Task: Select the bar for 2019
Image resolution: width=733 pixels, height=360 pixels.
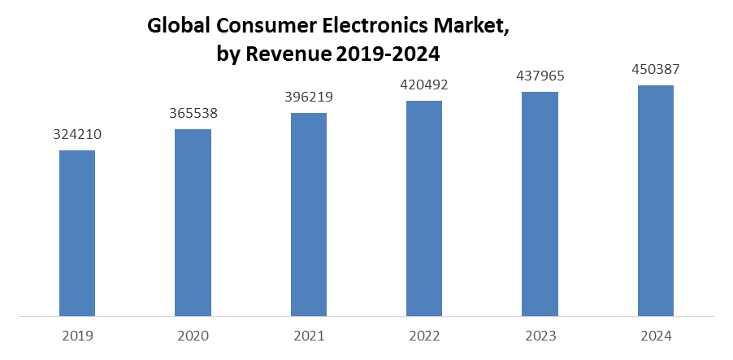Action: [x=77, y=233]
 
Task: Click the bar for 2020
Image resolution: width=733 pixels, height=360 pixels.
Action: [x=193, y=223]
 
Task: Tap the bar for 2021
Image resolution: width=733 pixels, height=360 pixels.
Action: [x=309, y=214]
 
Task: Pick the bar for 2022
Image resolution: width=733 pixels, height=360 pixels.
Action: [x=424, y=208]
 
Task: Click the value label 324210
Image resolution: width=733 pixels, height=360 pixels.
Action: [x=77, y=134]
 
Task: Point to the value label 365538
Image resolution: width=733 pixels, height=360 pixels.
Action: [x=193, y=114]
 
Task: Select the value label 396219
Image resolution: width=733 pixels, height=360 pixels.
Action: [x=309, y=98]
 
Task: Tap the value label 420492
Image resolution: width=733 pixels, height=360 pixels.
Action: [x=424, y=85]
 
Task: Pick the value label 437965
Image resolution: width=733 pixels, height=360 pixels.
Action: [x=540, y=76]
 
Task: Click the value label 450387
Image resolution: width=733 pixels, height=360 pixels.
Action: [x=655, y=69]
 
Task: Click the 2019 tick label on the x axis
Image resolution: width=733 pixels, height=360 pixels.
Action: [x=77, y=336]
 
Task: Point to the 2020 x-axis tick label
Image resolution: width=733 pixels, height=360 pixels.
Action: [x=193, y=336]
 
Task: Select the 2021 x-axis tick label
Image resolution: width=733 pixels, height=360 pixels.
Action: [x=309, y=336]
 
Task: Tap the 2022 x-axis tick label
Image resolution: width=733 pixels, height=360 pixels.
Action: [x=424, y=336]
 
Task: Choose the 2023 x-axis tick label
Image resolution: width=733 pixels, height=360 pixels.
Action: [x=540, y=336]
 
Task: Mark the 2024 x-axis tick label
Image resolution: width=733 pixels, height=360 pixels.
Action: [x=655, y=336]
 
